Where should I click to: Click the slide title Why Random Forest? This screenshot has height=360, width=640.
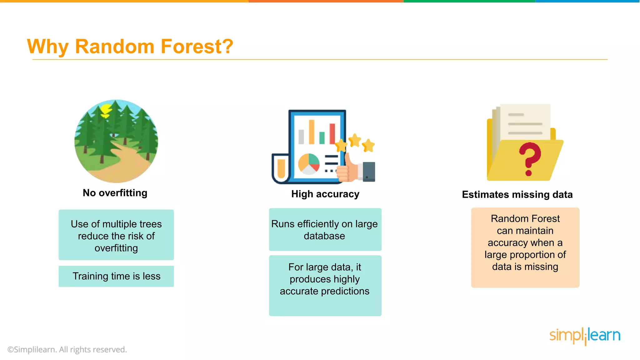tap(130, 47)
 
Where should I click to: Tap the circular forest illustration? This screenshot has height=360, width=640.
tap(116, 141)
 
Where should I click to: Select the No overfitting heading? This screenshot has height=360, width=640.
tap(115, 193)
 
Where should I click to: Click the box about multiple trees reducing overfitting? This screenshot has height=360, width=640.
tap(116, 235)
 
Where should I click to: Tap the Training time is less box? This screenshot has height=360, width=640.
tap(116, 276)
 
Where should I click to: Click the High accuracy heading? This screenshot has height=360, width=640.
tap(325, 194)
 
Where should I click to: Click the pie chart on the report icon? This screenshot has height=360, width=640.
tap(308, 164)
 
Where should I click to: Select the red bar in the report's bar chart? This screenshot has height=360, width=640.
tap(332, 133)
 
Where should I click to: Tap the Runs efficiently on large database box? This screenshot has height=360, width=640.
tap(325, 230)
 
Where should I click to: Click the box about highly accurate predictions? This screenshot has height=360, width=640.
tap(325, 279)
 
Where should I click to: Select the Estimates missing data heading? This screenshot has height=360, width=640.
tap(517, 195)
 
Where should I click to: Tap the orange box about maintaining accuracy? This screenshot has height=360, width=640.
tap(525, 247)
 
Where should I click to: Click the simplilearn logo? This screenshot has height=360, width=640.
tap(585, 336)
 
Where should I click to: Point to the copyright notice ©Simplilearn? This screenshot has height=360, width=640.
tap(67, 349)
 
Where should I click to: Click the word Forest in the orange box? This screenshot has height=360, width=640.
tap(545, 218)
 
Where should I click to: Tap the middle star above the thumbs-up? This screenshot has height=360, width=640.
tap(355, 140)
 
